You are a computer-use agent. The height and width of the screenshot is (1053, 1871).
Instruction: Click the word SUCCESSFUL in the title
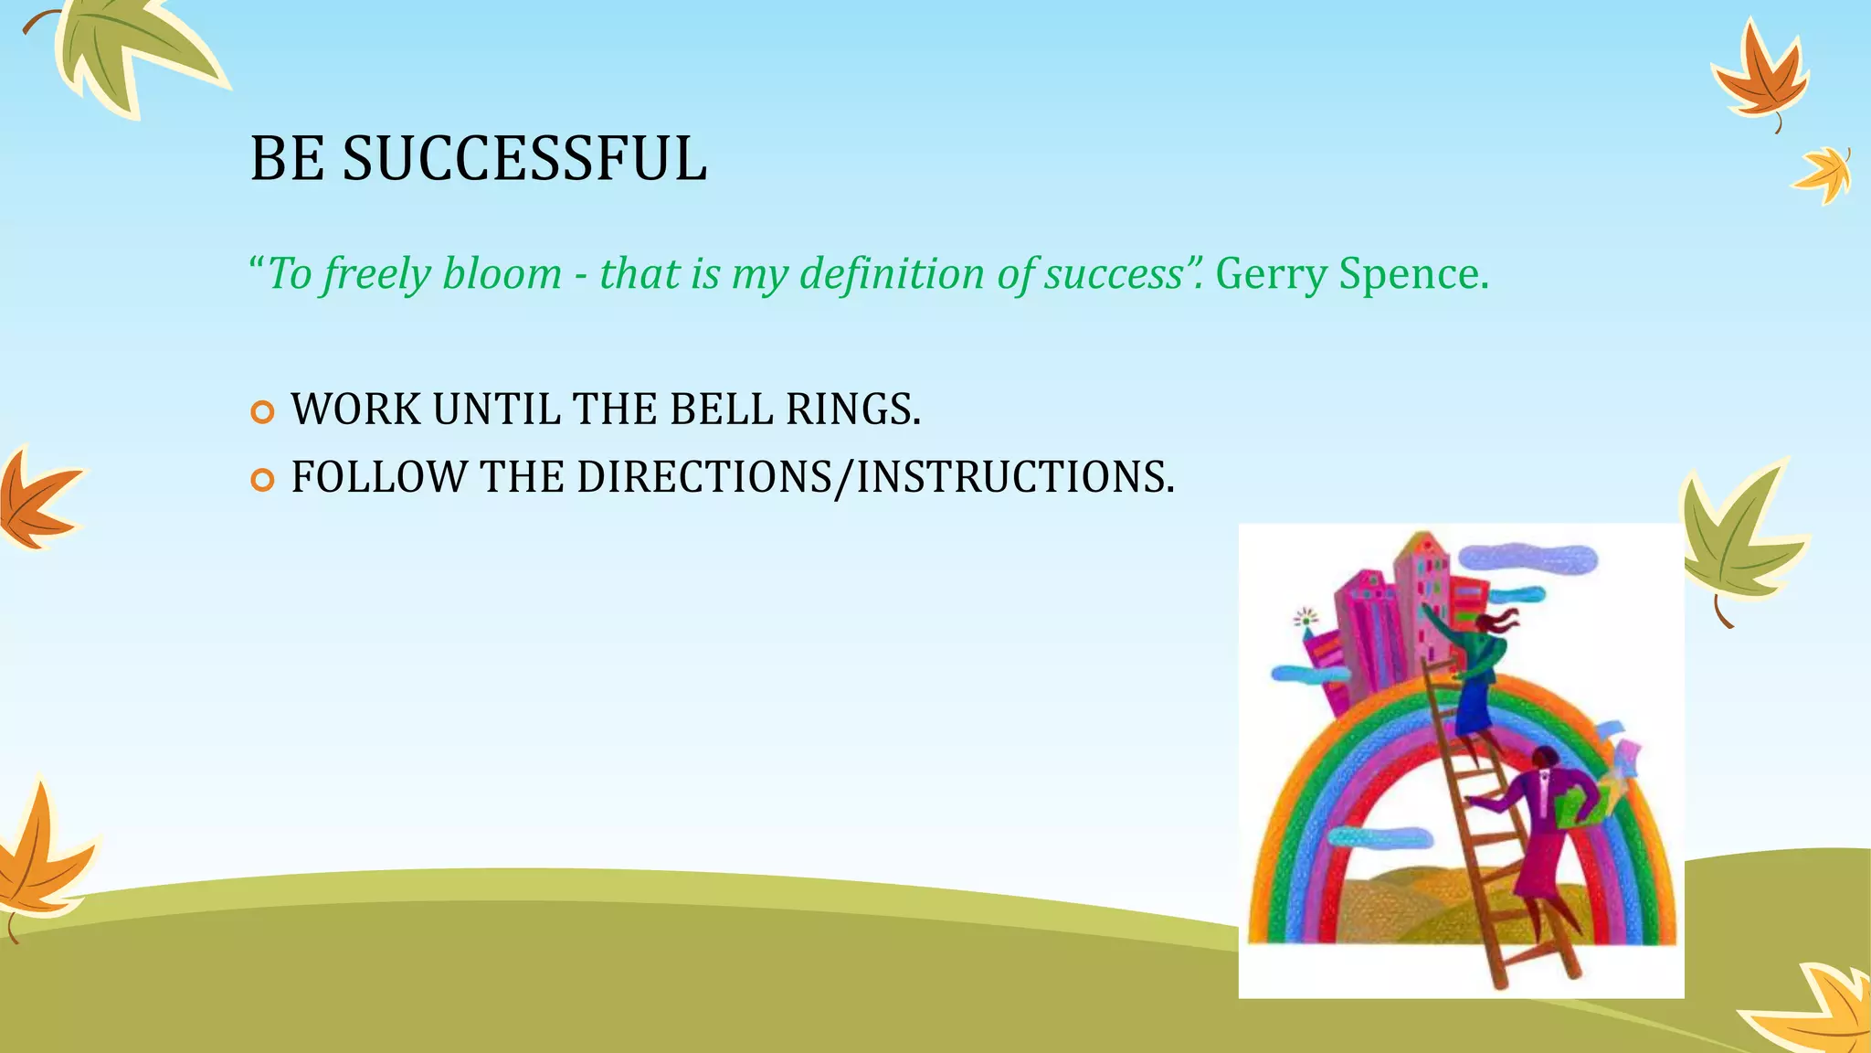pyautogui.click(x=524, y=159)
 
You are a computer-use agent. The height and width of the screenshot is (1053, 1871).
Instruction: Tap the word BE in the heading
pyautogui.click(x=286, y=159)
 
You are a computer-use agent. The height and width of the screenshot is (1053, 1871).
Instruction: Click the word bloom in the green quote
pyautogui.click(x=502, y=273)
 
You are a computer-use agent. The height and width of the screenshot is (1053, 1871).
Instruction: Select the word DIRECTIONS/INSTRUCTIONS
pyautogui.click(x=875, y=477)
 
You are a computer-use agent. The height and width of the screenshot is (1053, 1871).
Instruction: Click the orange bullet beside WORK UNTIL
pyautogui.click(x=262, y=412)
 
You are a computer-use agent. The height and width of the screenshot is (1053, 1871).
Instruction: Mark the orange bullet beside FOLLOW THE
pyautogui.click(x=262, y=480)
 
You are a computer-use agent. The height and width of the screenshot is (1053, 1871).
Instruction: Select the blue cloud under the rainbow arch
pyautogui.click(x=1379, y=837)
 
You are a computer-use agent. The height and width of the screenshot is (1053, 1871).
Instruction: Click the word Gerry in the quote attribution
pyautogui.click(x=1271, y=273)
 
